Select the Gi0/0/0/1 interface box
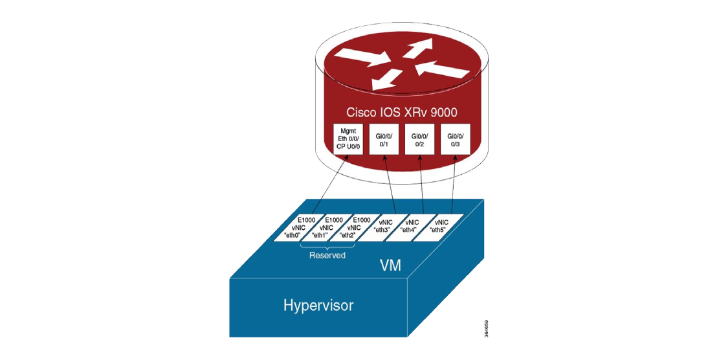pyautogui.click(x=383, y=139)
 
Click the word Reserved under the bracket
pyautogui.click(x=327, y=256)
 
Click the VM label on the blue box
pyautogui.click(x=390, y=265)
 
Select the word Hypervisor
pyautogui.click(x=318, y=306)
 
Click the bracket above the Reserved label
pyautogui.click(x=327, y=247)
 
